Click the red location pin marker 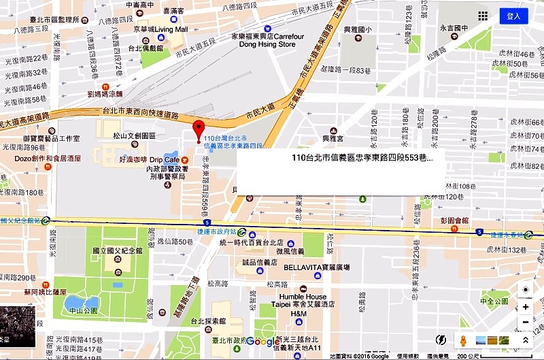(199, 129)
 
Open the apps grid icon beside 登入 (482, 16)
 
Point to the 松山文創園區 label (134, 135)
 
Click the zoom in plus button (525, 306)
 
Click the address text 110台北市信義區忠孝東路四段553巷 (361, 157)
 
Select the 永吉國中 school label (454, 28)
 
